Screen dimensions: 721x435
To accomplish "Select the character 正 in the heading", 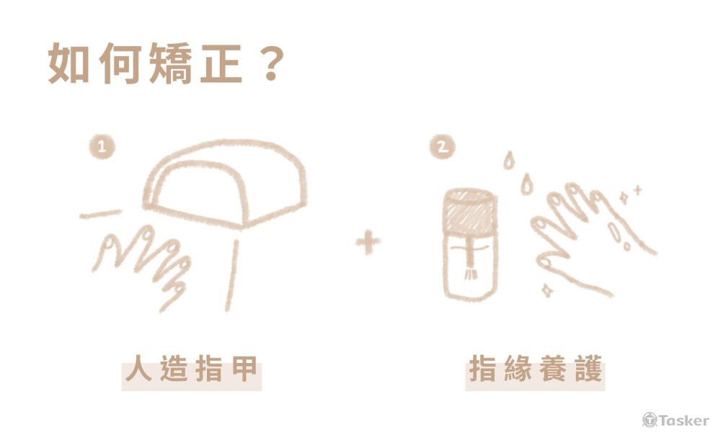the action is click(x=221, y=63).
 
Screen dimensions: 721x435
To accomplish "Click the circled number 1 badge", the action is click(x=102, y=146).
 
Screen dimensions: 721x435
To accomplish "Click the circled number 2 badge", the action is click(x=442, y=146).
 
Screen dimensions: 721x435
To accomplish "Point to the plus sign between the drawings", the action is click(x=368, y=241).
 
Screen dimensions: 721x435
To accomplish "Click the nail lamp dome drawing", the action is click(x=225, y=183).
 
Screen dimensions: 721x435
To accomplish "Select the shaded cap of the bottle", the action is click(x=470, y=211).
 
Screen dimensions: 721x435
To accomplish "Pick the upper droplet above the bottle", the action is click(x=508, y=160).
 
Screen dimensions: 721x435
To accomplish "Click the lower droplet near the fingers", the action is click(x=526, y=184).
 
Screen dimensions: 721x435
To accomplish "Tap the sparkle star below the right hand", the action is click(x=547, y=290).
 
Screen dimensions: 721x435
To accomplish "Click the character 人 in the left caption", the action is click(x=138, y=368).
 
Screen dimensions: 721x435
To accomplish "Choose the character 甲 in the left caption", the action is click(x=244, y=368).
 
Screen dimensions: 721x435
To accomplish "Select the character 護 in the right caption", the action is click(x=588, y=368).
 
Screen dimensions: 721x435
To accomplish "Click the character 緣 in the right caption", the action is click(x=518, y=368).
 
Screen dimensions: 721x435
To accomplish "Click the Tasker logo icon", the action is click(x=650, y=420).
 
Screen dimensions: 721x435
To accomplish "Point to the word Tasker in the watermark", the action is click(x=684, y=421).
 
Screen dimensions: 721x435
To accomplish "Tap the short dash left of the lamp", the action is click(x=100, y=214).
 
